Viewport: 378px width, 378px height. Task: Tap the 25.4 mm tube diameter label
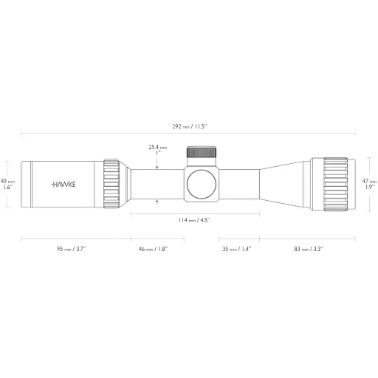tap(157, 147)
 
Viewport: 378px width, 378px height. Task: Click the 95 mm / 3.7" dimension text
tap(71, 250)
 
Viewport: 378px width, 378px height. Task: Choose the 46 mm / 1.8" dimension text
tap(151, 250)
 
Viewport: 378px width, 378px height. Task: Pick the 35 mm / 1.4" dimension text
tap(236, 250)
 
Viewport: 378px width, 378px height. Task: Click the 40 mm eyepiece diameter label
tap(7, 184)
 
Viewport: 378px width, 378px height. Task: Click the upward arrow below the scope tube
tap(158, 200)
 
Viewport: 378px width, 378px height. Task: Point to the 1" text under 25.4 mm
tap(157, 154)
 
